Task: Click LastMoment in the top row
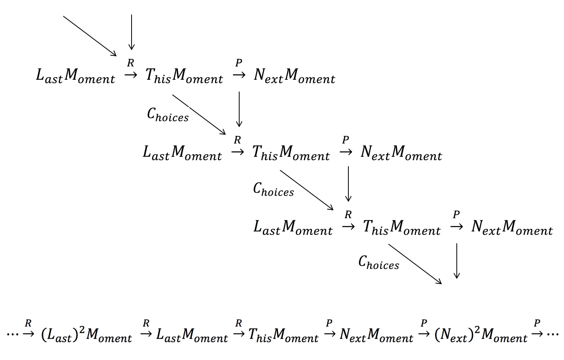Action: (75, 75)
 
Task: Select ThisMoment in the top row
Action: (184, 75)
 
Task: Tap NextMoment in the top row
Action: (294, 75)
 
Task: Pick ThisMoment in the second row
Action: (291, 152)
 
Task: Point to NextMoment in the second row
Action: (401, 152)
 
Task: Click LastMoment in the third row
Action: (293, 228)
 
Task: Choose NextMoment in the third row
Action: (512, 228)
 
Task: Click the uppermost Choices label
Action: (168, 114)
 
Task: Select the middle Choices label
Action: (273, 189)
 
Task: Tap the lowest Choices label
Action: (379, 262)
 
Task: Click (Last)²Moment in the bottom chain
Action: (86, 334)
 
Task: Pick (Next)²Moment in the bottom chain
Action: (481, 334)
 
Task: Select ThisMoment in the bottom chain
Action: (283, 334)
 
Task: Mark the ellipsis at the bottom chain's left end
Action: (13, 334)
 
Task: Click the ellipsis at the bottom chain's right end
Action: (553, 334)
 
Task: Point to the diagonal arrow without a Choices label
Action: (90, 36)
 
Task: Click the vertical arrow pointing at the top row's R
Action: (132, 32)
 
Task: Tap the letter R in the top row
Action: (131, 63)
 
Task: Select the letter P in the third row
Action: (456, 215)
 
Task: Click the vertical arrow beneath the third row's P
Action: (456, 261)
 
